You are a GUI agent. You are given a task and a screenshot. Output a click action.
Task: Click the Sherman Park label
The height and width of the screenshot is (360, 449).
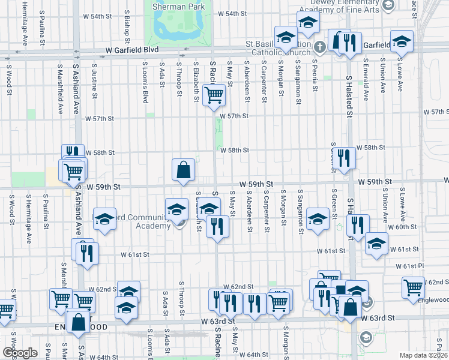click(179, 6)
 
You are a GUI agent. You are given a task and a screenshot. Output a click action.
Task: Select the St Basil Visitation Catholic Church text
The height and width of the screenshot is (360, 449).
click(277, 49)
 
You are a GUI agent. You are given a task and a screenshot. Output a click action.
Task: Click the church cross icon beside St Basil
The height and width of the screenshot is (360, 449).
click(320, 46)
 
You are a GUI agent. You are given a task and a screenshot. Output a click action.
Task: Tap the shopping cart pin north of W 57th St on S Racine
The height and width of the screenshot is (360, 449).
click(214, 94)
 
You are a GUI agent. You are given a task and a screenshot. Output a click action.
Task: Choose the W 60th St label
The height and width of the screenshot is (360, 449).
click(403, 227)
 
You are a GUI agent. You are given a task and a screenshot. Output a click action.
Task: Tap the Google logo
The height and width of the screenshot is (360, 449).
click(19, 353)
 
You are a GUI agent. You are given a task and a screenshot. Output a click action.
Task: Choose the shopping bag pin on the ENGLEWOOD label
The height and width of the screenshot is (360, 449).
click(79, 322)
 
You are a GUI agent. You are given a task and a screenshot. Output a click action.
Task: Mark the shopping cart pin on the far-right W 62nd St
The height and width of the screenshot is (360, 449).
click(414, 288)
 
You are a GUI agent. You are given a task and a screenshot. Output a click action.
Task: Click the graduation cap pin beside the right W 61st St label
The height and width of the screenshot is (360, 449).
click(376, 244)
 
